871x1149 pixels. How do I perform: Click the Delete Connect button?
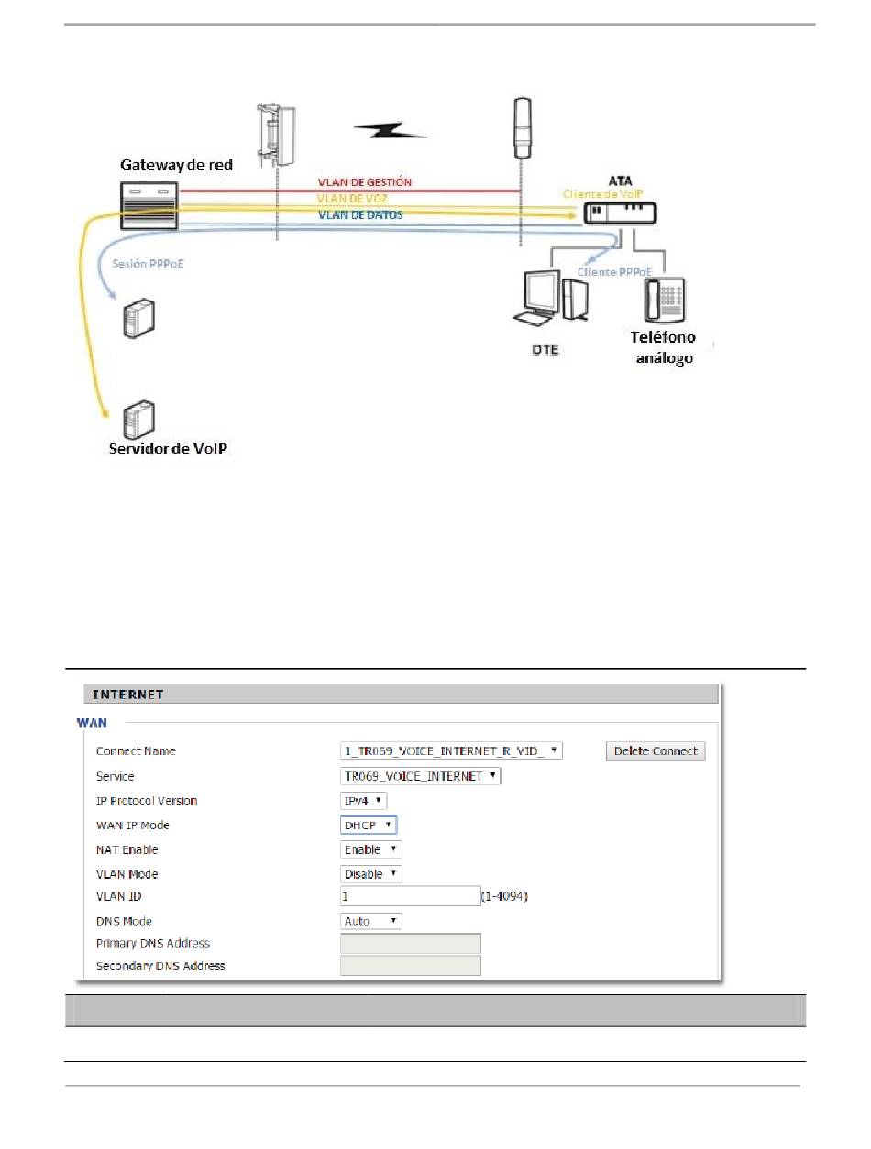(x=656, y=751)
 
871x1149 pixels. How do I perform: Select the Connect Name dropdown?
(x=451, y=751)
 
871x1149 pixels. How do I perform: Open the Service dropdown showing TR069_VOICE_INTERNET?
(x=421, y=776)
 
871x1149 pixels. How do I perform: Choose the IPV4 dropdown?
(x=364, y=801)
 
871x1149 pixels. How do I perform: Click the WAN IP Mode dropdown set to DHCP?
(x=369, y=826)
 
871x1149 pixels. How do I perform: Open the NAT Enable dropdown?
(x=371, y=850)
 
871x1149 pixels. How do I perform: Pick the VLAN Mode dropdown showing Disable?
(x=371, y=874)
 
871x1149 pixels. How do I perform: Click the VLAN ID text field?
(x=410, y=896)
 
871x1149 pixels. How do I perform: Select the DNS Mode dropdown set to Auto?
(x=371, y=921)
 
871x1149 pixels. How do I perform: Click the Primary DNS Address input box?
(x=410, y=944)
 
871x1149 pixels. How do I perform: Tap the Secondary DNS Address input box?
(x=410, y=966)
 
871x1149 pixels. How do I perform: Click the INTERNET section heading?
(x=124, y=695)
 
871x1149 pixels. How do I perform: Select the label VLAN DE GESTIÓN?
(x=364, y=182)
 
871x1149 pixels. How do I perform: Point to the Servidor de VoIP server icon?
(x=139, y=421)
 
